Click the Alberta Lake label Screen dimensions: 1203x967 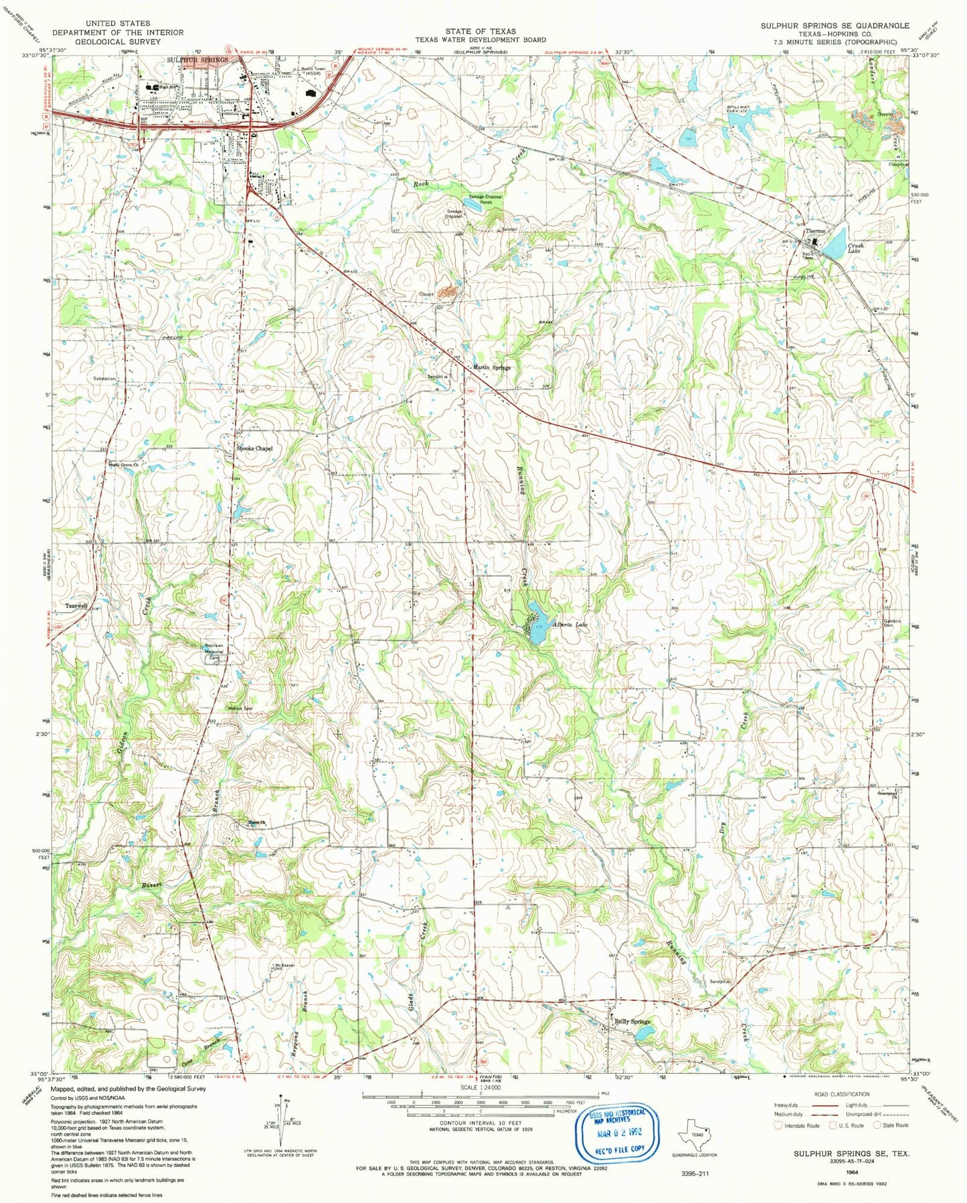(x=570, y=625)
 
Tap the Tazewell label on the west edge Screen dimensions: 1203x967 (x=76, y=606)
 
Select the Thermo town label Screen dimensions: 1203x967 (x=816, y=231)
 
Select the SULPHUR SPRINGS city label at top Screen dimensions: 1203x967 (x=197, y=60)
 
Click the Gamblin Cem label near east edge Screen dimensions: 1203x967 (x=891, y=624)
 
